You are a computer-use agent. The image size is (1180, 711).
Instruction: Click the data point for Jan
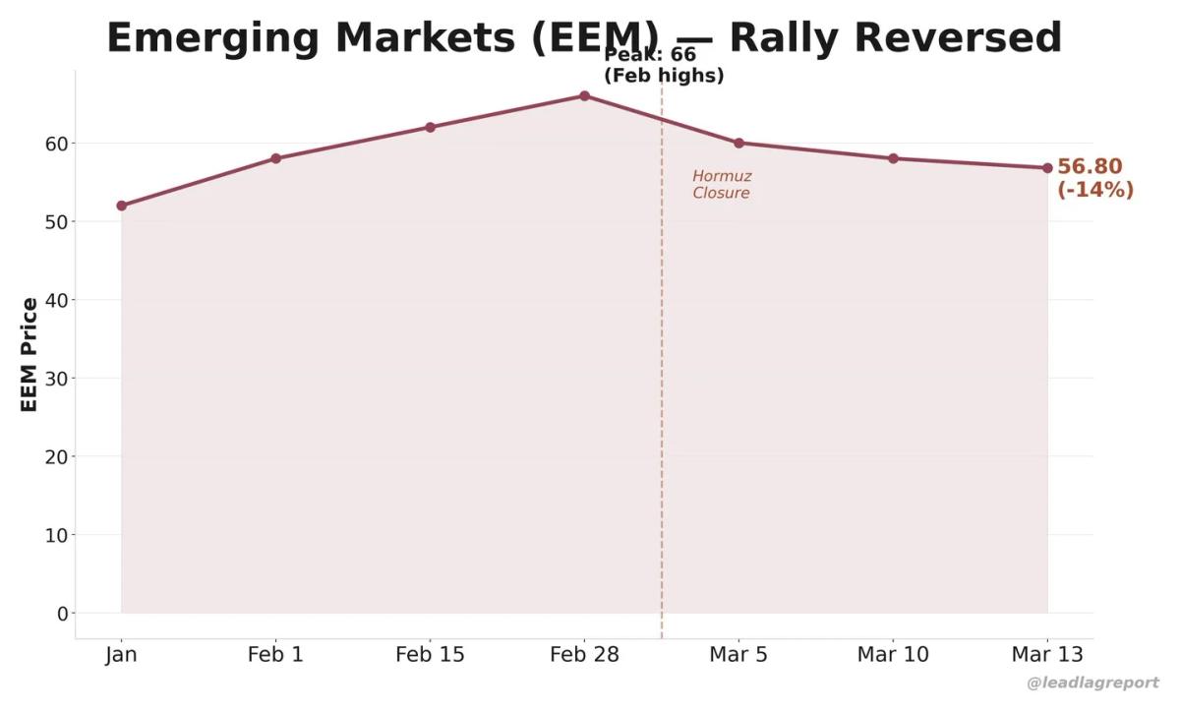click(122, 206)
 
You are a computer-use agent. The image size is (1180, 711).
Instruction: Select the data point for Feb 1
click(275, 158)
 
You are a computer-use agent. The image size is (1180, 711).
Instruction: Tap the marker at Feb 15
click(431, 127)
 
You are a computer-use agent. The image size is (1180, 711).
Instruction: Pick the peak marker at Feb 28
click(584, 95)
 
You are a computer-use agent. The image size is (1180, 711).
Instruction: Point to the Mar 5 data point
click(738, 143)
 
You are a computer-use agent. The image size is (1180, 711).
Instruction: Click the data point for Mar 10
click(893, 158)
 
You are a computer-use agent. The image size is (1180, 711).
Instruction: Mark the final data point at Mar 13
click(1047, 168)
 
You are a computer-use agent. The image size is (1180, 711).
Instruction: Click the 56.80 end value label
click(1090, 167)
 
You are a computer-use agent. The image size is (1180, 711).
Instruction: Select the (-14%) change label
click(1095, 190)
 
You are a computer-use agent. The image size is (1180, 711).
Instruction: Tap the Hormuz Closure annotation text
click(722, 185)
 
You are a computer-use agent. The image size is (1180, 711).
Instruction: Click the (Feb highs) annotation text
click(664, 76)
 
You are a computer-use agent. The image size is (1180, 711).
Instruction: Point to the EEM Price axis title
click(29, 354)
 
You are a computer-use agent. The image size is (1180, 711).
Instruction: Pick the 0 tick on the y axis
click(63, 614)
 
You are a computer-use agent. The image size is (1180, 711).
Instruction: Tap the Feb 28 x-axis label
click(584, 655)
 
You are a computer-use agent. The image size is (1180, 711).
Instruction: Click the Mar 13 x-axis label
click(1047, 655)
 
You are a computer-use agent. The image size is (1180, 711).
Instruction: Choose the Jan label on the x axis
click(122, 655)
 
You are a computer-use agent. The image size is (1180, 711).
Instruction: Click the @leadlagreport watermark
click(1092, 682)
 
